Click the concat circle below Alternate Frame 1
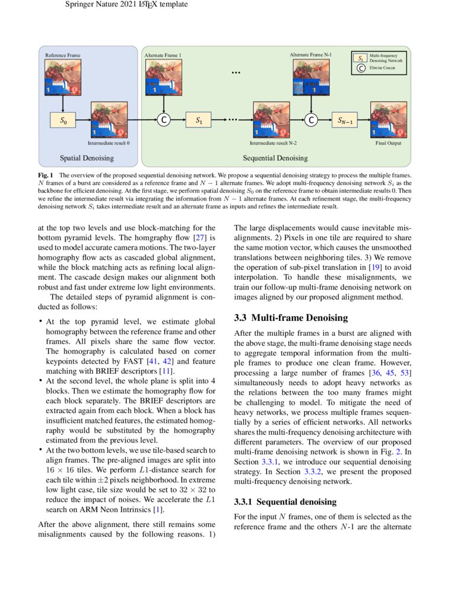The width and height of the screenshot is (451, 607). click(163, 120)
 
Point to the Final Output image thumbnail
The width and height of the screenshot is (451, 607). click(388, 120)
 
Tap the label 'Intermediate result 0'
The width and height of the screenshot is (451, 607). click(109, 143)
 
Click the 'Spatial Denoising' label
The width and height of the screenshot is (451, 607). click(87, 158)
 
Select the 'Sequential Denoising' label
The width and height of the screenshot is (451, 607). click(275, 158)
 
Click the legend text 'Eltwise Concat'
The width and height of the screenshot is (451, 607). click(382, 68)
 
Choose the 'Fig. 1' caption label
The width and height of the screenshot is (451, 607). click(46, 176)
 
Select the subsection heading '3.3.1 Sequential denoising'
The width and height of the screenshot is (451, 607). click(285, 502)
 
